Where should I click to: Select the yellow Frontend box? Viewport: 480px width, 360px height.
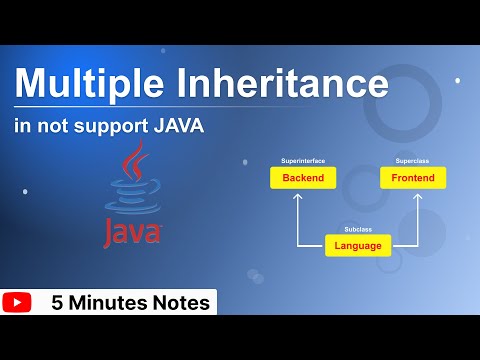[385, 178]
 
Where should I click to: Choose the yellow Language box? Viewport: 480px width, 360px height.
[357, 244]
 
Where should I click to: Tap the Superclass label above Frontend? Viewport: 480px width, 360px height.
[385, 160]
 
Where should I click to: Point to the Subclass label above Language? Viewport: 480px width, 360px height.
[357, 228]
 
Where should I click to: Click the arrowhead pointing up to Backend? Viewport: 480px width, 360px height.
[296, 197]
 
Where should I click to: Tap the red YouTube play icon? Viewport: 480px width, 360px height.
[17, 301]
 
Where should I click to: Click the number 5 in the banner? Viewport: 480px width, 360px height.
[57, 301]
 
